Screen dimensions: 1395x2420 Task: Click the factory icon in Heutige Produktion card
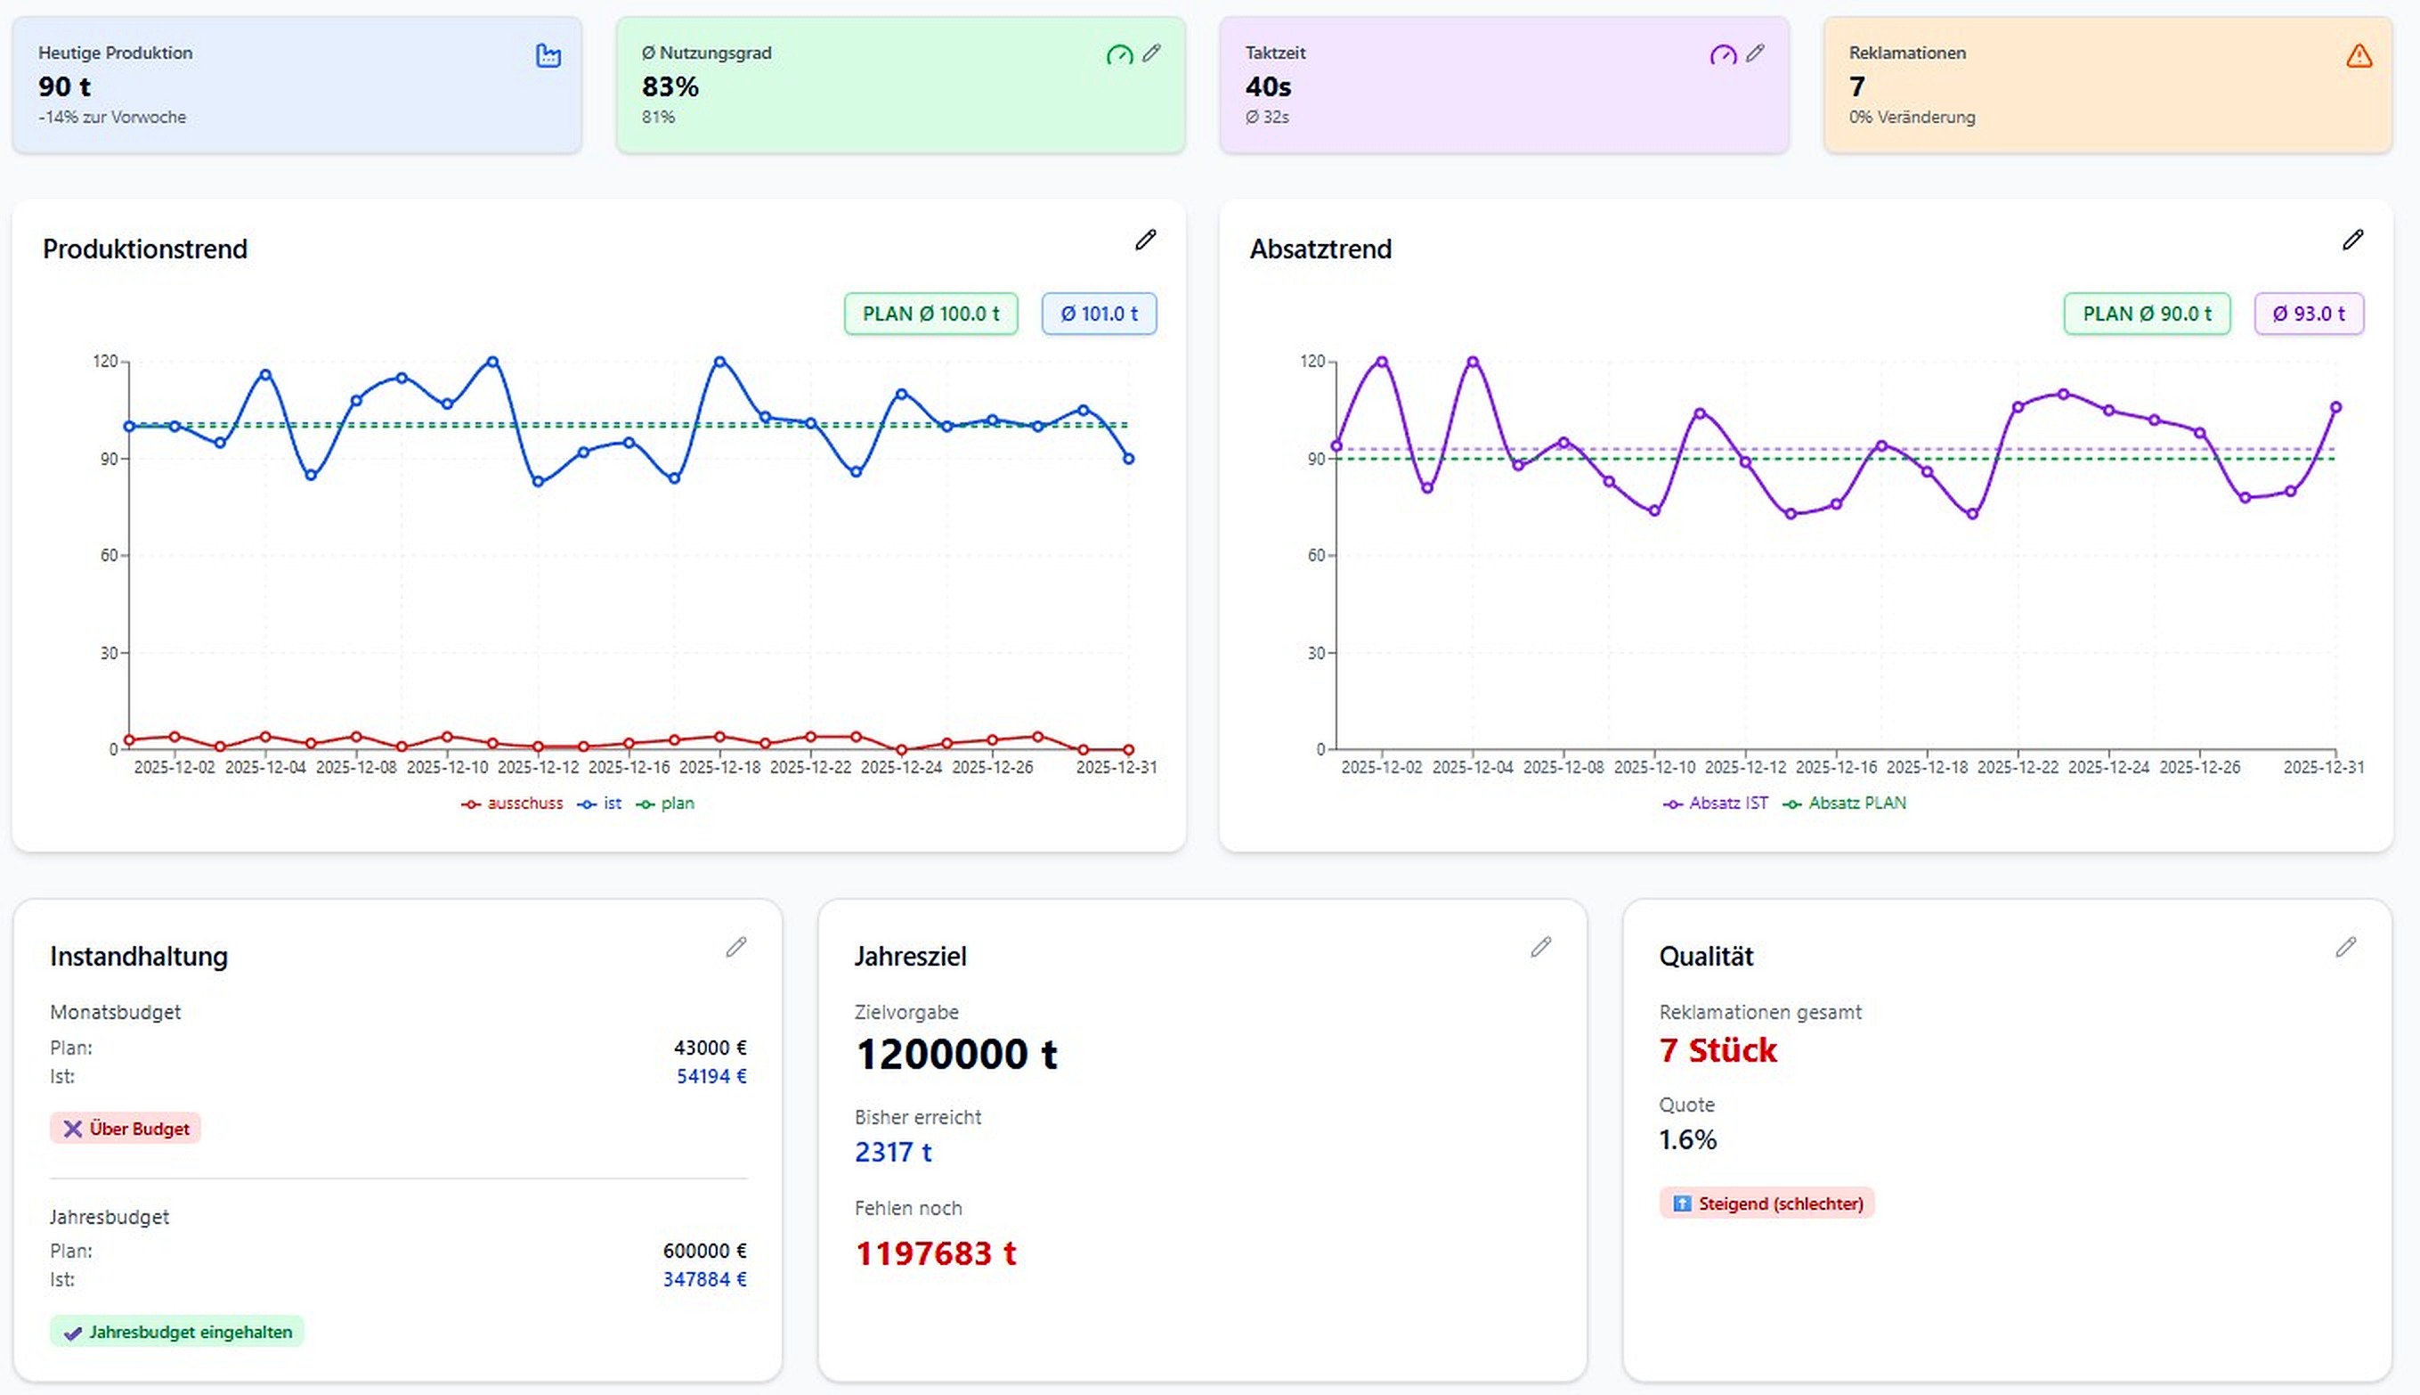pos(548,55)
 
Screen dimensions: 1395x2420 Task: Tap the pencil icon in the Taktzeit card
pos(1754,53)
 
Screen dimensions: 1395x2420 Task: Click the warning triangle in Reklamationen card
pos(2359,56)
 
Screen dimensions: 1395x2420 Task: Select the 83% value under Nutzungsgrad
pos(670,87)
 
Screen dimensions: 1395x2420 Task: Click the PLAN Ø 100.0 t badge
pos(930,314)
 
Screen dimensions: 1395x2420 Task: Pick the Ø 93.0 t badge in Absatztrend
pos(2308,314)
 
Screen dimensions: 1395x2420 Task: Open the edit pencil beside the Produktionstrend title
pos(1145,240)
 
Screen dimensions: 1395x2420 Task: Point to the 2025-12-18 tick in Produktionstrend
pos(719,768)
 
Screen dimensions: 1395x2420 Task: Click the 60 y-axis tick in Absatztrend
pos(1316,556)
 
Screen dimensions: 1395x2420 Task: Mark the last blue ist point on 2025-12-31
pos(1128,459)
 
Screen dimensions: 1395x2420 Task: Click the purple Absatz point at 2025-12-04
pos(1473,363)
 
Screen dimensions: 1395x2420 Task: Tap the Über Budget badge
pos(126,1129)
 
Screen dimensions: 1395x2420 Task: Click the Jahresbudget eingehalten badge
pos(177,1332)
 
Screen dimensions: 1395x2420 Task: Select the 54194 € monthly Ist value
pos(711,1076)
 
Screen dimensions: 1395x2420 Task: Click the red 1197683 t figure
pos(935,1253)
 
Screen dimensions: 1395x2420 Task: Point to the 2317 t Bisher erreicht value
pos(892,1152)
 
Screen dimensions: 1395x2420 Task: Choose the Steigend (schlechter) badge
pos(1766,1203)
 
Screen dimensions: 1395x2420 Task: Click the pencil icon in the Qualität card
pos(2345,948)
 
